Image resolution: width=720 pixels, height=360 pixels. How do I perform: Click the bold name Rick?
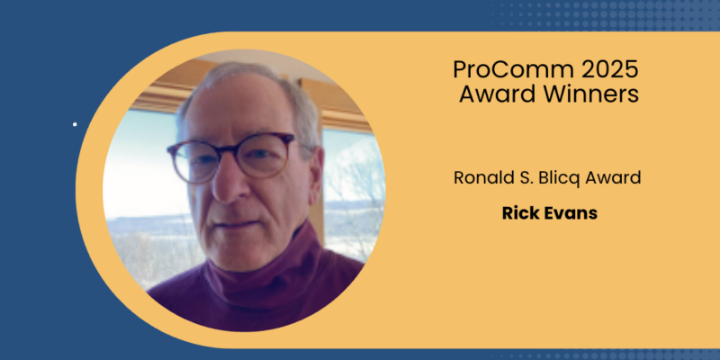click(520, 217)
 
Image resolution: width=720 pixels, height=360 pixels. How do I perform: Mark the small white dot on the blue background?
click(75, 124)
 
